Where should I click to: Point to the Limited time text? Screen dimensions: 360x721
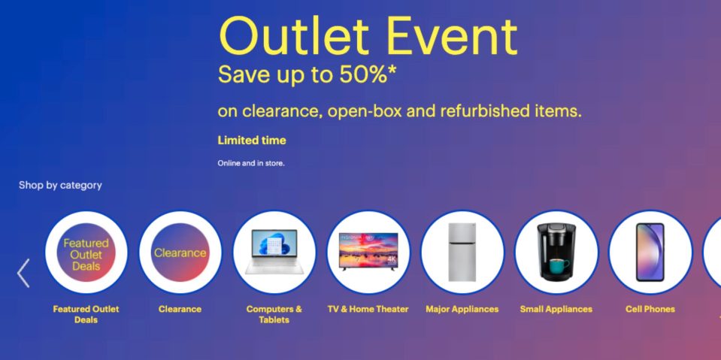(252, 141)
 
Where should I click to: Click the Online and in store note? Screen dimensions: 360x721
(251, 162)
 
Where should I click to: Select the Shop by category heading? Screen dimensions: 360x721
(60, 185)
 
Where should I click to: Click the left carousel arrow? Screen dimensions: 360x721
(23, 274)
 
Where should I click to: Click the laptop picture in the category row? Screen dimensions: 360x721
(274, 253)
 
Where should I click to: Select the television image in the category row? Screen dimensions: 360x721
(368, 253)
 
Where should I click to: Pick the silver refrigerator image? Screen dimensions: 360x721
(462, 253)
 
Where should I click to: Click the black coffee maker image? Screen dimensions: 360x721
(556, 253)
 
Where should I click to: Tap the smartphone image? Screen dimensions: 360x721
(650, 253)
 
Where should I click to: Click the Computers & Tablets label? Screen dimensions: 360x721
(274, 314)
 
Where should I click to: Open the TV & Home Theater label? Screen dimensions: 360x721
(368, 309)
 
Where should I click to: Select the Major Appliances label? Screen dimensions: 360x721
(462, 309)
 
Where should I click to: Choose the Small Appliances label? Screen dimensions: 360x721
(556, 309)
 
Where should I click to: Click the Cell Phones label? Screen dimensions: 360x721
(650, 309)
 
